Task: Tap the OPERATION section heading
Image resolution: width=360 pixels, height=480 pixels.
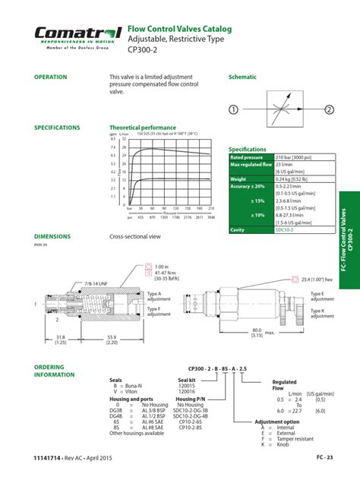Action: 51,77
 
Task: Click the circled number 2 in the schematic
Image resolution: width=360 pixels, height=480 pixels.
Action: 329,109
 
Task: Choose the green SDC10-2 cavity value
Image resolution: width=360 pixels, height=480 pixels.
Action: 286,229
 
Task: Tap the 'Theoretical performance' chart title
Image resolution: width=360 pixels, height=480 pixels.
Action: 143,128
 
